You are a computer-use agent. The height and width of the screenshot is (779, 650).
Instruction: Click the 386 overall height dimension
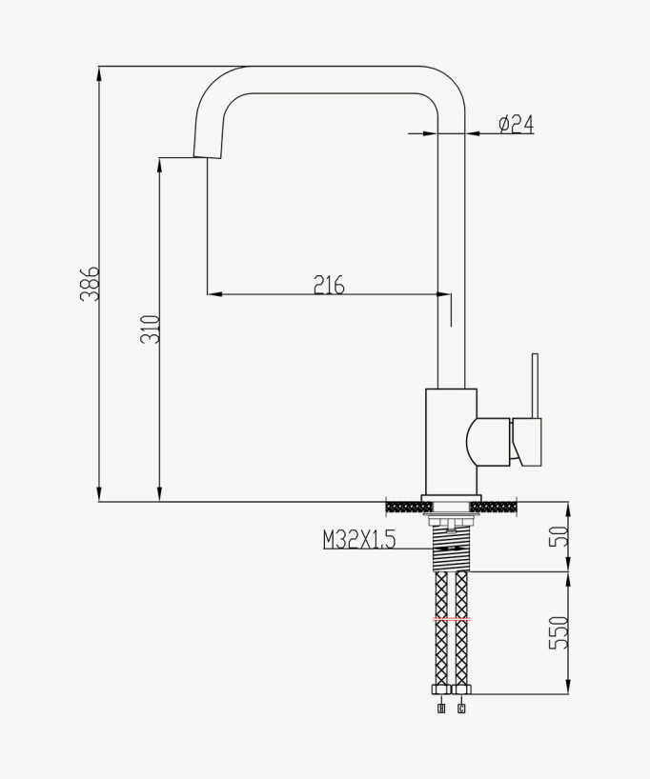coord(89,284)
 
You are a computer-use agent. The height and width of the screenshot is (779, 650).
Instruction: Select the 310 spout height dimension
coord(151,329)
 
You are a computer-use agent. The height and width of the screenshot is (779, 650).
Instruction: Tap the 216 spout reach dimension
coord(328,284)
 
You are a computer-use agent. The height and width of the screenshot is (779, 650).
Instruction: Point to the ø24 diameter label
coord(516,124)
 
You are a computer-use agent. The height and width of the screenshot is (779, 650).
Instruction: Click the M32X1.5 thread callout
coord(358,540)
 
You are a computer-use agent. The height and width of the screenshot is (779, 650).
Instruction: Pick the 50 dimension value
coord(560,535)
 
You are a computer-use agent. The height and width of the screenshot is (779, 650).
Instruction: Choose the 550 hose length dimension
coord(560,632)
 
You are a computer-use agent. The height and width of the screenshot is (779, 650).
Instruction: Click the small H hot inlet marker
coord(440,708)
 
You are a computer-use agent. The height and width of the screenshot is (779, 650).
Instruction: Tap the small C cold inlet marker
coord(461,708)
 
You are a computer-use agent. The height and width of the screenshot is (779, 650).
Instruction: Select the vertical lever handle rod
coord(535,386)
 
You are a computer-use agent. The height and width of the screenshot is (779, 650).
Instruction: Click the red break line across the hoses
coord(451,619)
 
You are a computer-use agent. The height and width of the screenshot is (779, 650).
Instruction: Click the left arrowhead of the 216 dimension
coord(213,294)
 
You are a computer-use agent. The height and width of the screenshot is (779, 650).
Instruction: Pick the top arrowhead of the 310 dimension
coord(160,164)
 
